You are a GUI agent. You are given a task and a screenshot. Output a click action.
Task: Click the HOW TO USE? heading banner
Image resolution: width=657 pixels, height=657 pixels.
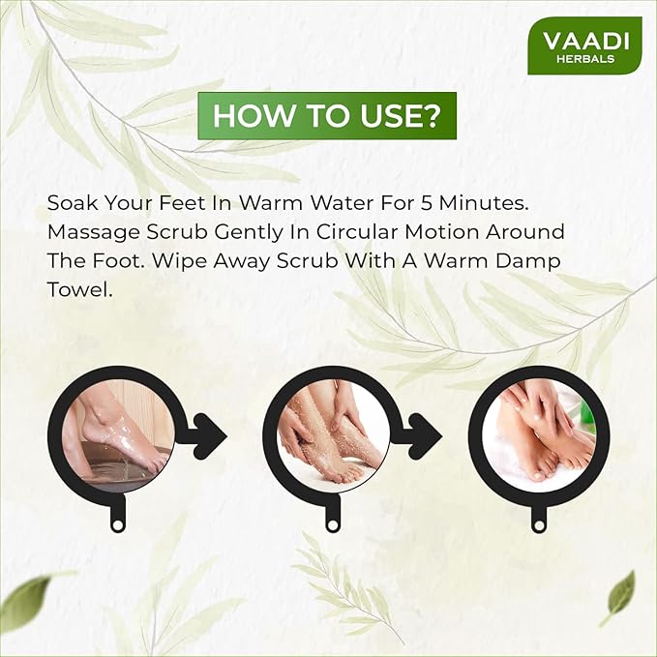[327, 115]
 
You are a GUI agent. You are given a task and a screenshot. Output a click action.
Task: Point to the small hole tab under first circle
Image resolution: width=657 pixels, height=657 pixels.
[119, 523]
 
